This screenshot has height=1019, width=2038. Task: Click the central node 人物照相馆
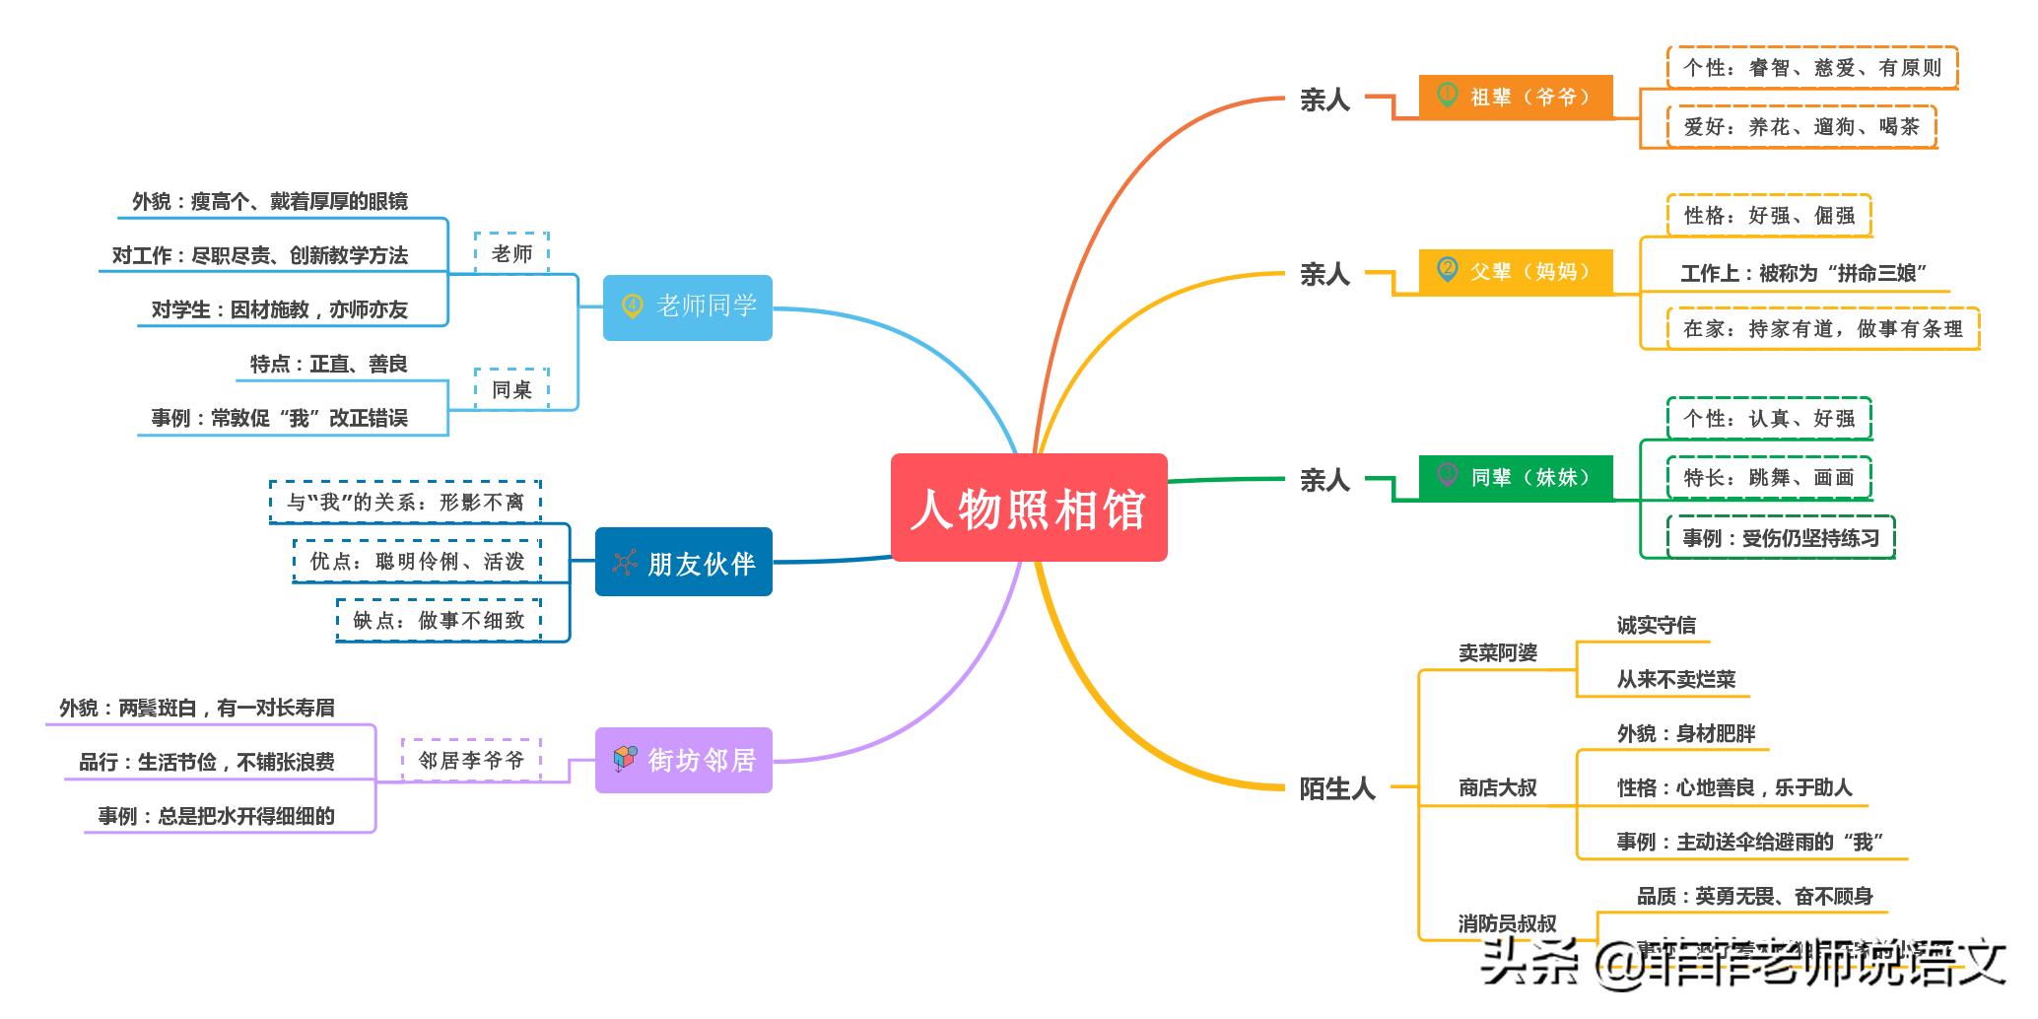click(1028, 508)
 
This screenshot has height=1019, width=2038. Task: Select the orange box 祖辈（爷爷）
click(1515, 97)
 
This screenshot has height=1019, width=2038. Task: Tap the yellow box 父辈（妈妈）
click(1515, 271)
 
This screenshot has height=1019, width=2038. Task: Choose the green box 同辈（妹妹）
click(1515, 477)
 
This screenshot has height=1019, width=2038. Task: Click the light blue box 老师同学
click(687, 306)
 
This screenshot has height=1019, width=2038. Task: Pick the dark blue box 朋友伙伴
click(683, 562)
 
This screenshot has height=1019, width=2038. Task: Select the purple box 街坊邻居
click(683, 760)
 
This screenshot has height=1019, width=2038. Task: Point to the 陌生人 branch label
click(1336, 788)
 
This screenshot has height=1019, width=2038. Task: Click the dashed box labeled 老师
click(511, 253)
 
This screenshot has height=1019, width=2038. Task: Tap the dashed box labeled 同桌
click(511, 389)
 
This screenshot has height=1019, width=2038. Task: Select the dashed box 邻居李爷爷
click(471, 760)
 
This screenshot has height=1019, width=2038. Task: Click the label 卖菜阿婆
click(1497, 652)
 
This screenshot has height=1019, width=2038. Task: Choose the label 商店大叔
click(1497, 787)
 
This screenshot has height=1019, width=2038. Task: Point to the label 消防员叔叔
click(1507, 923)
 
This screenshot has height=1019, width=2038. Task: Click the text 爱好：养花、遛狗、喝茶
click(1800, 127)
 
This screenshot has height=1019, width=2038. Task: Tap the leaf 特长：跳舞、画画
click(1768, 478)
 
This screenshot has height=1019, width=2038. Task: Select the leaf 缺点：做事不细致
click(439, 620)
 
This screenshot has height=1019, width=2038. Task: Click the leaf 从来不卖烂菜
click(1675, 679)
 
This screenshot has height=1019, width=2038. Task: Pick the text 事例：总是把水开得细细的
click(216, 816)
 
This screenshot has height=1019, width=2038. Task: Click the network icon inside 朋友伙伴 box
click(624, 562)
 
